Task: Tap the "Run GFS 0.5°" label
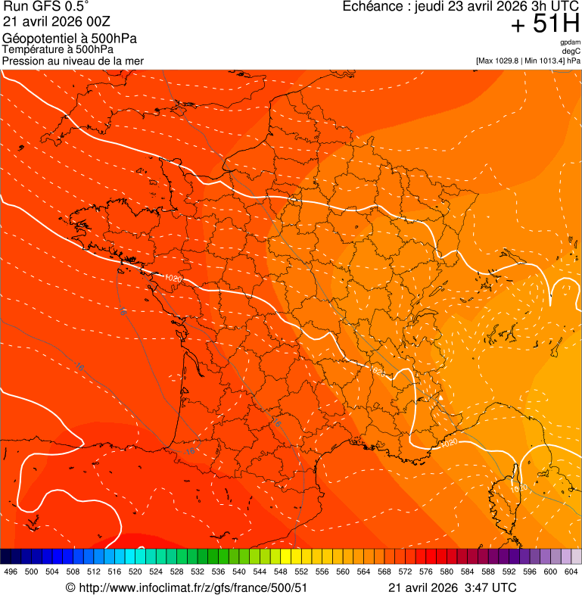[x=46, y=7]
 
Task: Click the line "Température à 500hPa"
[x=58, y=50]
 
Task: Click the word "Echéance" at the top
[x=374, y=7]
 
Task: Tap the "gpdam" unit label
[x=570, y=42]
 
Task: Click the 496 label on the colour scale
[x=11, y=572]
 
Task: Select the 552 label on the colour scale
[x=301, y=572]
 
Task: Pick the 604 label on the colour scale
[x=571, y=572]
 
